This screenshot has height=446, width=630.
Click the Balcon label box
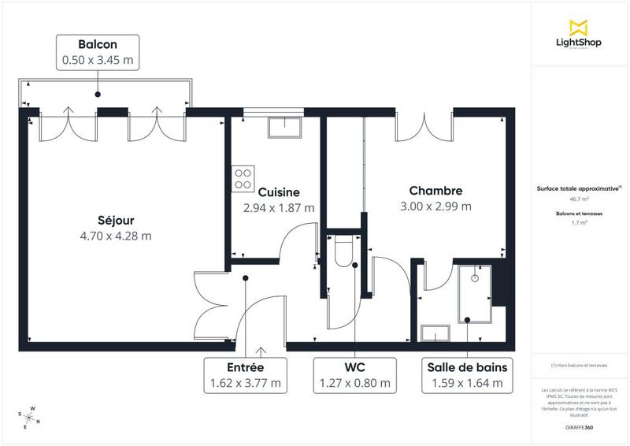pyautogui.click(x=98, y=50)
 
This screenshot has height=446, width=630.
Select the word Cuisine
pyautogui.click(x=279, y=191)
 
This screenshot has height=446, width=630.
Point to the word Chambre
pyautogui.click(x=435, y=191)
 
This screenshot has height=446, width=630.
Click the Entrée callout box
pyautogui.click(x=245, y=376)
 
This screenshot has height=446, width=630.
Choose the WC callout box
pyautogui.click(x=354, y=376)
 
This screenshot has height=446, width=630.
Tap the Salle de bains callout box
pyautogui.click(x=467, y=376)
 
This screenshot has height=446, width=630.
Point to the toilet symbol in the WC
pyautogui.click(x=344, y=251)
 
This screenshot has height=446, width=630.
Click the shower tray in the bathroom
pyautogui.click(x=475, y=293)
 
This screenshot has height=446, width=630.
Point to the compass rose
pyautogui.click(x=31, y=416)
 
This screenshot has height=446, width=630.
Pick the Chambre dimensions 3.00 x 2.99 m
pyautogui.click(x=435, y=207)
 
